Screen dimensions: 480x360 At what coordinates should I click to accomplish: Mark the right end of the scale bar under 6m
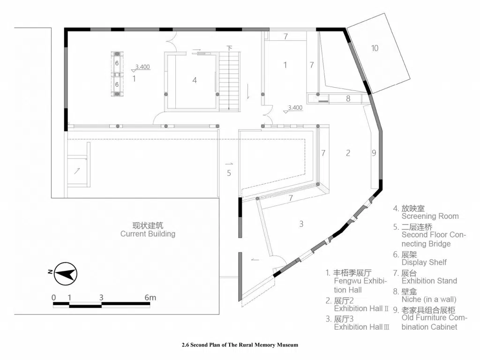point(150,304)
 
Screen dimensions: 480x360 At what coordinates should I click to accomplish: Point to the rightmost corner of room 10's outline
point(411,79)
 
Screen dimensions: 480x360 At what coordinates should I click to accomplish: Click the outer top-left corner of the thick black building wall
point(64,28)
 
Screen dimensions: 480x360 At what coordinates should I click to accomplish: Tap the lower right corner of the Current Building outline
point(219,314)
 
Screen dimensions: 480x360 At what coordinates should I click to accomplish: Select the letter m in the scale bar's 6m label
point(152,298)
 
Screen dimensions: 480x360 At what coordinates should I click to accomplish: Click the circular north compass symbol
point(66,274)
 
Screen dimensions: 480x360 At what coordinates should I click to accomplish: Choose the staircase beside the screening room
point(229,81)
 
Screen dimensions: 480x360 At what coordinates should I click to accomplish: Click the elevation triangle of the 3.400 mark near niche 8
point(286,112)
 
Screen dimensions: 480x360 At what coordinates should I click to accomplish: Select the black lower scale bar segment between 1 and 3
point(85,306)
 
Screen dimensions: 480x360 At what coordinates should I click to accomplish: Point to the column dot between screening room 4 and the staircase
point(217,94)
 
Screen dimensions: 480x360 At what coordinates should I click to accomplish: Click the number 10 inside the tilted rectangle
point(375,48)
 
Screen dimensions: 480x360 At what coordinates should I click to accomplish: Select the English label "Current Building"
point(148,234)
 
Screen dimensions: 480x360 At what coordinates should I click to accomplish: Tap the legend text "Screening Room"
point(430,216)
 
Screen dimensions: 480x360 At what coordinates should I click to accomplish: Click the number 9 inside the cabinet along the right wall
point(374,153)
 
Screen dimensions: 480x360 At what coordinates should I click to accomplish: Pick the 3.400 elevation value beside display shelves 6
point(142,67)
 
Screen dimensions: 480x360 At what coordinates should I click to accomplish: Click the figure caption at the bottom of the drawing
point(240,345)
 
